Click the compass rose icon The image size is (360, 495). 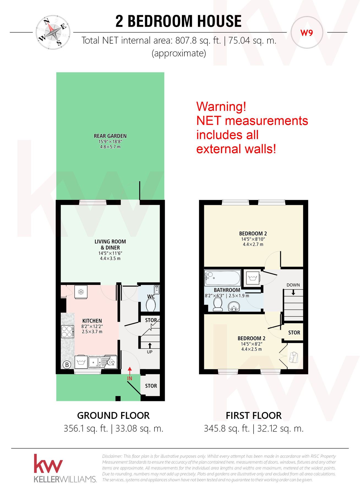[x=53, y=32]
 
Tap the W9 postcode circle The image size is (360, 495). [x=307, y=33]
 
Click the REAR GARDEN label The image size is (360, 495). [x=110, y=136]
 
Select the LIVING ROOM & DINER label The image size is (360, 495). [x=110, y=244]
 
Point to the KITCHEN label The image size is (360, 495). [x=92, y=321]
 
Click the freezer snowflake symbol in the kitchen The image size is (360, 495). [x=81, y=292]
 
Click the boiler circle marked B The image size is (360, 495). [x=67, y=365]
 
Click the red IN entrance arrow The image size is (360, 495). [x=130, y=371]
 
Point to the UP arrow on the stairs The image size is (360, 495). [x=150, y=345]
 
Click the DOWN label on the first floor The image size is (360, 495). [x=293, y=285]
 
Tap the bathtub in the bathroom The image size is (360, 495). [x=222, y=278]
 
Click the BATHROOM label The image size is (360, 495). [x=227, y=290]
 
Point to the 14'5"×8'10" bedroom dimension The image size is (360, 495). [x=253, y=239]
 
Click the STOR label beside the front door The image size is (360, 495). [x=151, y=386]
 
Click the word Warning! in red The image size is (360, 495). [x=221, y=106]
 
